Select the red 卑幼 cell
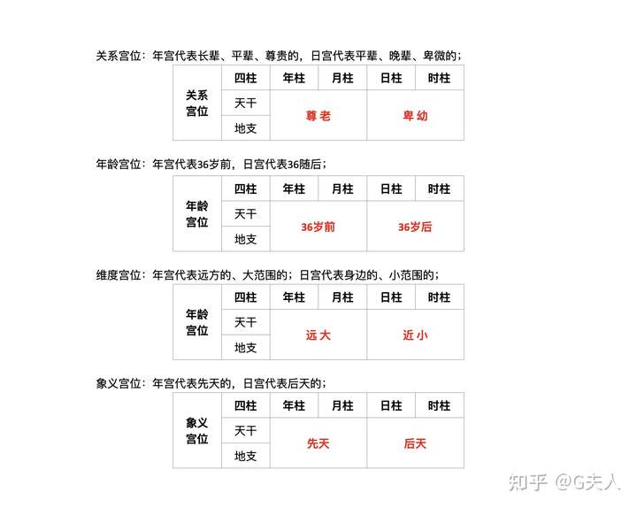[415, 116]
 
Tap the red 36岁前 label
[318, 227]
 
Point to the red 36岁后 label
[415, 227]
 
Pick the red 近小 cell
[415, 335]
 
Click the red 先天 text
[318, 443]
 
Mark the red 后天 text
[415, 443]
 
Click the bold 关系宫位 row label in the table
[197, 104]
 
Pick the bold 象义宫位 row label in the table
[197, 431]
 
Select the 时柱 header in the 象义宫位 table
[439, 406]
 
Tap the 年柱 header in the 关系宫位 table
[294, 78]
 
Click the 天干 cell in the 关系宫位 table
[246, 104]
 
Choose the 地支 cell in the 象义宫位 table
[246, 456]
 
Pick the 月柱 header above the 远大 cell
[342, 297]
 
